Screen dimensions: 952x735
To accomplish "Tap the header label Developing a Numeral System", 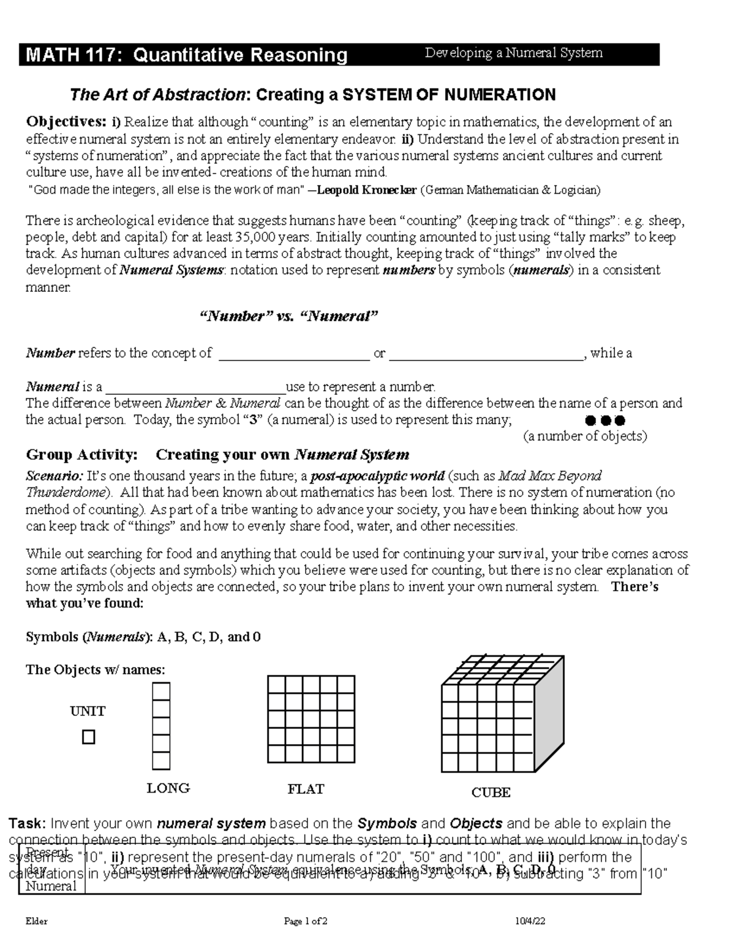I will pos(514,53).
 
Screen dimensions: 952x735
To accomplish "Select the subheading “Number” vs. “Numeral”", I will pos(289,316).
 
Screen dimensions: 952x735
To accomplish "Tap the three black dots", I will pos(605,421).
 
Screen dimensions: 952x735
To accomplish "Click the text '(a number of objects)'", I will pos(584,436).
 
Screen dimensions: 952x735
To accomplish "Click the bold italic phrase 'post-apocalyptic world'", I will pos(378,476).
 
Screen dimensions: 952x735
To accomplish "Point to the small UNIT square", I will pos(89,737).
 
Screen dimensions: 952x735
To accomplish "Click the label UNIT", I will pos(88,711).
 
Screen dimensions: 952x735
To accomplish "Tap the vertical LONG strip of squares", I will pos(161,726).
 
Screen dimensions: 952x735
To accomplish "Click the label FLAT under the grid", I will pos(306,789).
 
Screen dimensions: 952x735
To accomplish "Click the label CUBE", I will pos(491,793).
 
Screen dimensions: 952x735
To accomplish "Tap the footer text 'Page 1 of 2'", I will pos(306,921).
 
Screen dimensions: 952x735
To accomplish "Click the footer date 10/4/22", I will pos(530,921).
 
